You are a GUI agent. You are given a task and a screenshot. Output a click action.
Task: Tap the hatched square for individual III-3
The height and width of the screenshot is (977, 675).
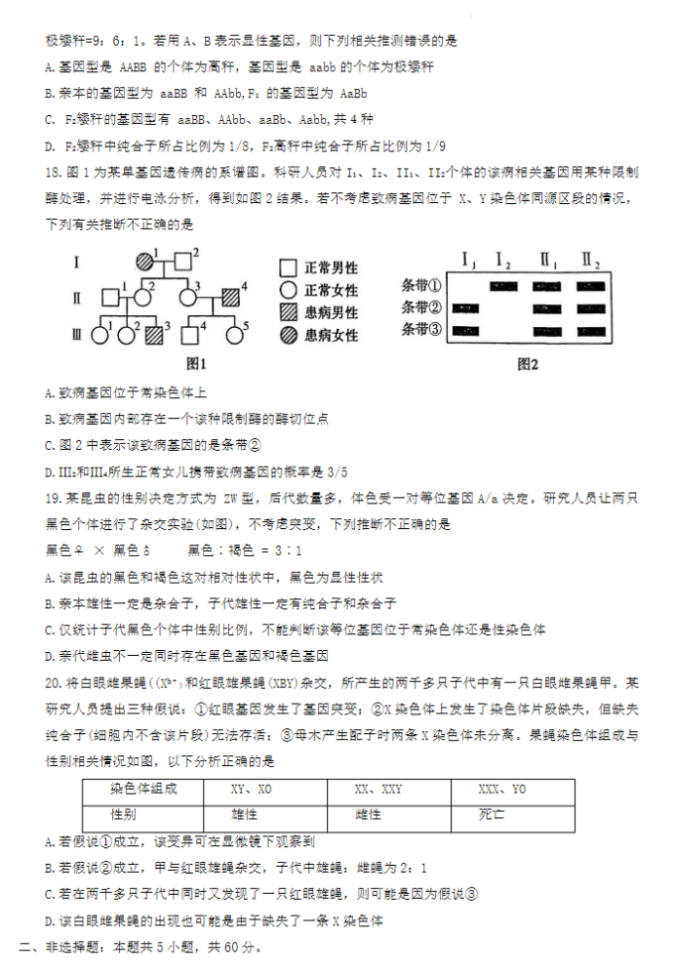(153, 335)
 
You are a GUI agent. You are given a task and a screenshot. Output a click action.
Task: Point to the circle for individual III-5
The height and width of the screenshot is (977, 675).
(235, 335)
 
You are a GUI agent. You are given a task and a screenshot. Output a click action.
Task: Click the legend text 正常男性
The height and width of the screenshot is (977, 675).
(331, 268)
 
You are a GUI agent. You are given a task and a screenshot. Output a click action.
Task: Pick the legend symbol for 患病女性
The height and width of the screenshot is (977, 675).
(288, 335)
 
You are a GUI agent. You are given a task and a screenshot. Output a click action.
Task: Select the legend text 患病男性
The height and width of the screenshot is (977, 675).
(331, 312)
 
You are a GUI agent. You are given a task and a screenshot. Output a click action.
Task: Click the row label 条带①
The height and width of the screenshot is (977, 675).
(421, 286)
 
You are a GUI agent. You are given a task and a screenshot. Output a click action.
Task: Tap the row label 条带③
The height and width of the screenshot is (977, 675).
(421, 330)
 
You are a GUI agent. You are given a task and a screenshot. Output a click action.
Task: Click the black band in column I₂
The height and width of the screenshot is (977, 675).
(503, 286)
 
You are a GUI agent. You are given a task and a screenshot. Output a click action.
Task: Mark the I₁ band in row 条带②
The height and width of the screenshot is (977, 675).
(465, 308)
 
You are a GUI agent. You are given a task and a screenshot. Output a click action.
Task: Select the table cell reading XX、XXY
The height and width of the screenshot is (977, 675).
(377, 790)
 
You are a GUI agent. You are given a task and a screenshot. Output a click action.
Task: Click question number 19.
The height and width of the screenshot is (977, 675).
(54, 498)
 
